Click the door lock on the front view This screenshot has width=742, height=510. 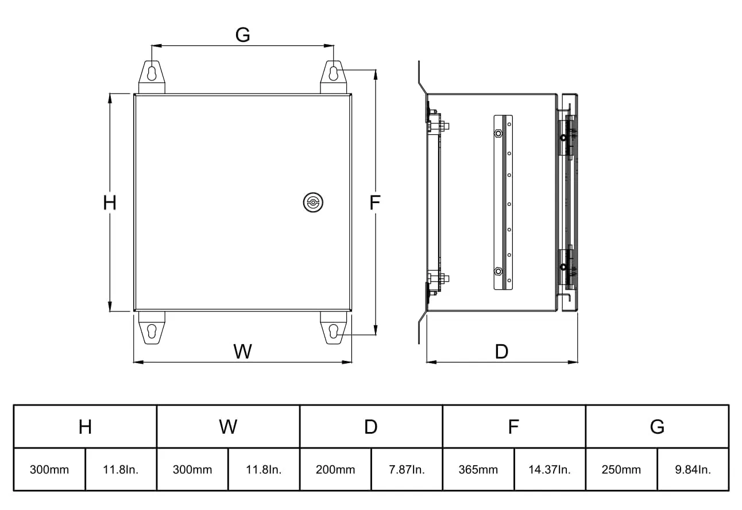313,202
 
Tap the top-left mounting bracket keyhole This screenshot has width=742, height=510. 152,73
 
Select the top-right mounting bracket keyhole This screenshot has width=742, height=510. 334,73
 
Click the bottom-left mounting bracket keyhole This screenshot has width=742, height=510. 152,332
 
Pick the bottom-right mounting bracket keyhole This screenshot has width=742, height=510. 334,332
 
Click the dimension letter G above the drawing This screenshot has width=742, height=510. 243,35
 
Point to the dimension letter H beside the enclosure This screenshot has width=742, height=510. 110,203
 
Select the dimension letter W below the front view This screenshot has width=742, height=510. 242,351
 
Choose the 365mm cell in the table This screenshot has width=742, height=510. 478,470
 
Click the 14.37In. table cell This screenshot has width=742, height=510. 550,470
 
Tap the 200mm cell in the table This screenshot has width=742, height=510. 335,470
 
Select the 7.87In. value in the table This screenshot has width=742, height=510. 407,470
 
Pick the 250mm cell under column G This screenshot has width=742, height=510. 621,470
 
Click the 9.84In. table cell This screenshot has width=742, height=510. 693,470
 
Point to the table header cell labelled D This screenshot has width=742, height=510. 371,427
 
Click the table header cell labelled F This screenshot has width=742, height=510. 513,427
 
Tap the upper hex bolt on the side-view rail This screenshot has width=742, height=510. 497,134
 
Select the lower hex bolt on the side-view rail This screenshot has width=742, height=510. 497,271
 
